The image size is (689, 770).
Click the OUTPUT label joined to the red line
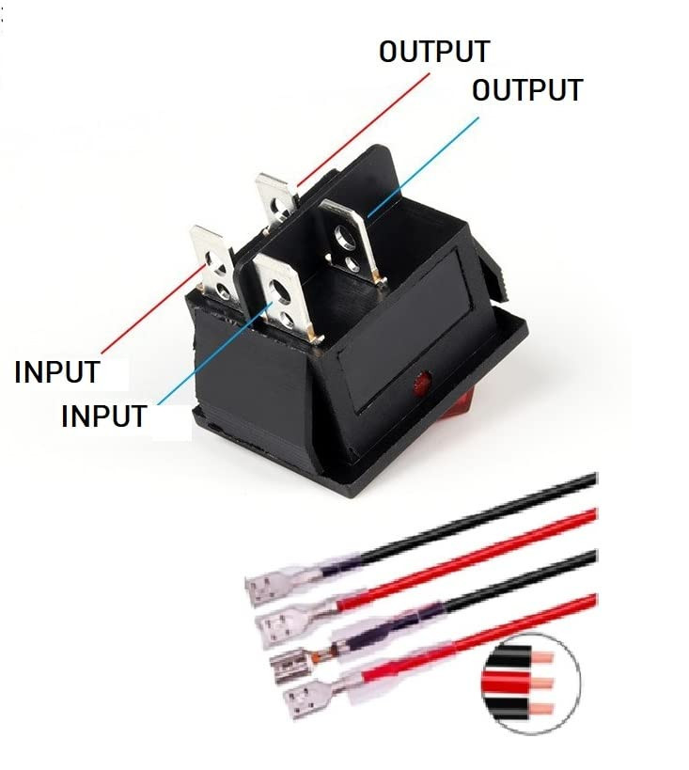click(x=433, y=51)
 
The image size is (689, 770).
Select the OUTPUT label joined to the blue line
click(x=526, y=90)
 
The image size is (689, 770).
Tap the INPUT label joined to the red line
click(x=56, y=371)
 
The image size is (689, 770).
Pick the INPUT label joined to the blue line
click(x=103, y=416)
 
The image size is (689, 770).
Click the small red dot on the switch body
click(x=420, y=383)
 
